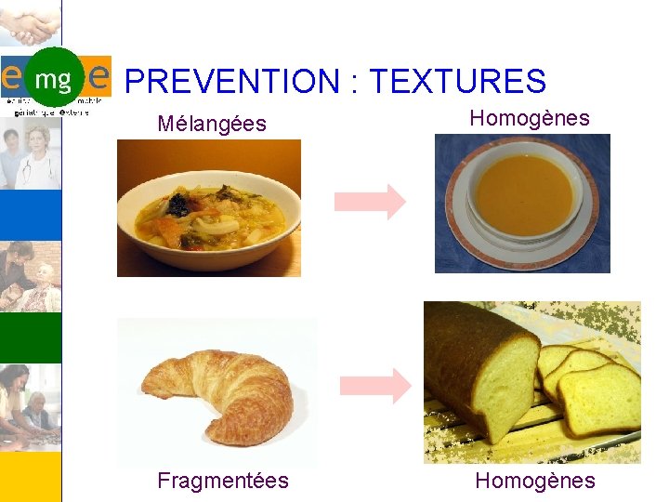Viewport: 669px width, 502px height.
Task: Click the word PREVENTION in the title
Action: click(x=232, y=82)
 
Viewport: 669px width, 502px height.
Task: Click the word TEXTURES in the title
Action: click(x=457, y=82)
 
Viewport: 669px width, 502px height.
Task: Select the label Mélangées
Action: click(x=212, y=123)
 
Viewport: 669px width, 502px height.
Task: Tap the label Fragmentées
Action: click(x=223, y=480)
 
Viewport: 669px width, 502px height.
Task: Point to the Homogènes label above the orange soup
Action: click(x=530, y=118)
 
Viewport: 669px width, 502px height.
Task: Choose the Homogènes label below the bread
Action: click(x=535, y=480)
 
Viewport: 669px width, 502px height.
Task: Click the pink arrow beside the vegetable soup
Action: click(x=369, y=202)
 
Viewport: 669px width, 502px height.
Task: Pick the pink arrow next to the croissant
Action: click(x=374, y=385)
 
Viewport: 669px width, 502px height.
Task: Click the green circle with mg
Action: click(x=53, y=78)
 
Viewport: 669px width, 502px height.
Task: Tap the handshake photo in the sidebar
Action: click(x=30, y=23)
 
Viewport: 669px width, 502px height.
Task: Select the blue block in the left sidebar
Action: click(x=30, y=214)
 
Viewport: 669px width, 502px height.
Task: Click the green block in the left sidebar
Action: click(x=30, y=337)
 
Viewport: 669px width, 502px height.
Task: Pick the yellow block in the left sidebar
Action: click(x=30, y=474)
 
